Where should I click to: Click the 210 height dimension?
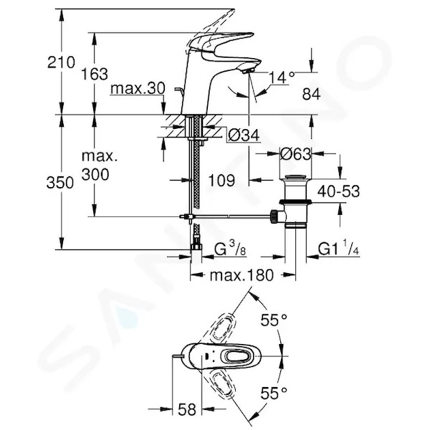[61, 62]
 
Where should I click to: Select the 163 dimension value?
[95, 74]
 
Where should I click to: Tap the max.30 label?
[138, 88]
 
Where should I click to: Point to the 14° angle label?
[282, 77]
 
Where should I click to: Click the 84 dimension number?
[311, 95]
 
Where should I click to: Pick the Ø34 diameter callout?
[244, 135]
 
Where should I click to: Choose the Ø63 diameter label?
[295, 154]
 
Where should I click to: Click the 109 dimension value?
[221, 180]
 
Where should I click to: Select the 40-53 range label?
[338, 191]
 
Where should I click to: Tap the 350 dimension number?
[60, 182]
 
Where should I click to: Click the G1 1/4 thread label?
[338, 249]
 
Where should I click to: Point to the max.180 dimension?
[242, 275]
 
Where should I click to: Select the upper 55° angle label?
[274, 320]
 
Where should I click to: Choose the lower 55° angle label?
[274, 393]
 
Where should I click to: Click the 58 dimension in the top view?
[187, 409]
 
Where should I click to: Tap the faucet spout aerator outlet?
[247, 72]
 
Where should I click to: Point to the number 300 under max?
[95, 174]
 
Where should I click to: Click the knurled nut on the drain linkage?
[274, 216]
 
